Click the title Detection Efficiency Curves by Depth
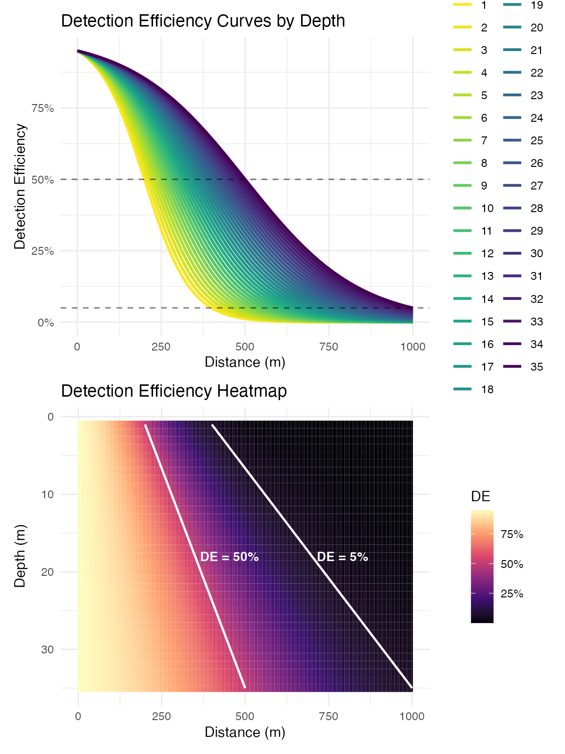tap(203, 21)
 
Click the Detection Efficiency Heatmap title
tap(174, 391)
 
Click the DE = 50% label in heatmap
tap(230, 557)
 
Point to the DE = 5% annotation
tap(342, 557)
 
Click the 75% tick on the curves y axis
tap(43, 108)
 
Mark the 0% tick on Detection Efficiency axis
tap(46, 323)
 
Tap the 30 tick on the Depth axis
tap(48, 649)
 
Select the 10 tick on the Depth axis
tap(48, 494)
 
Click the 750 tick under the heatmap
tap(328, 716)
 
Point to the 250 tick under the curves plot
tap(161, 347)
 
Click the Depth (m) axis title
tap(20, 556)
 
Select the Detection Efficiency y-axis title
tap(20, 187)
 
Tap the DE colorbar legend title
tap(481, 496)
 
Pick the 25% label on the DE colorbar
tap(512, 594)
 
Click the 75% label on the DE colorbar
tap(512, 535)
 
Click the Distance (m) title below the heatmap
tap(245, 732)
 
